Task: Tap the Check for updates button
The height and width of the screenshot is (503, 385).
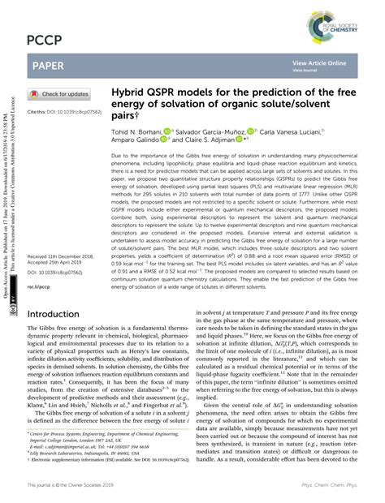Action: click(60, 93)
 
